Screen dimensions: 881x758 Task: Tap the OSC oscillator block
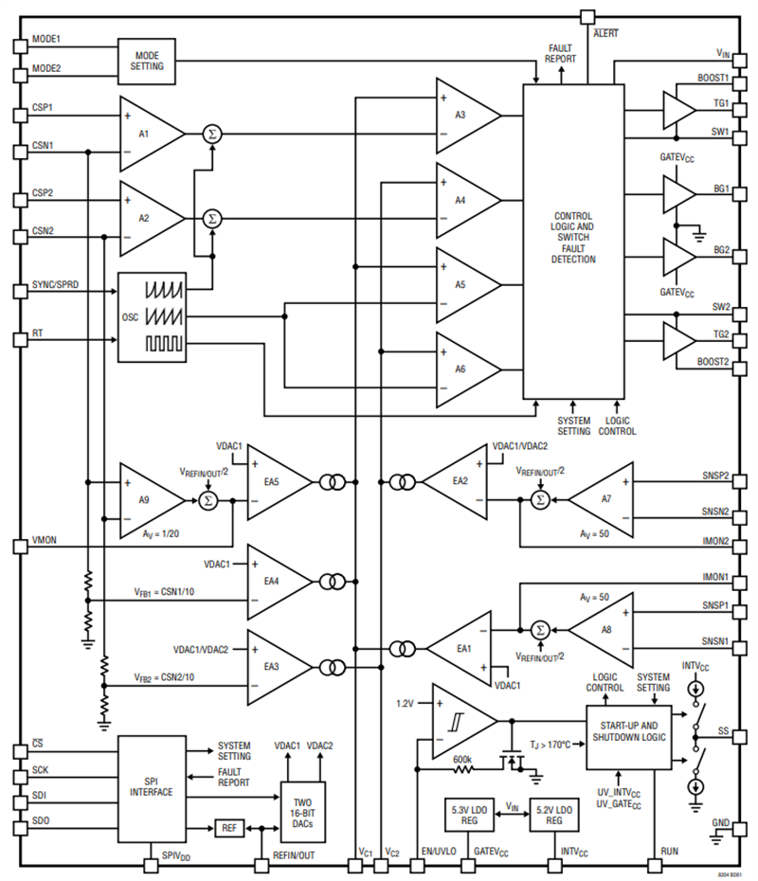tap(151, 317)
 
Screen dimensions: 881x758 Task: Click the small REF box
tap(228, 827)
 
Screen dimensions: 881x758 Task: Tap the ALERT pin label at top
tap(605, 34)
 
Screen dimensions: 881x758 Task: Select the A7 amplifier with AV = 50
tap(597, 498)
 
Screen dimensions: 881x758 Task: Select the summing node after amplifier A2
tap(210, 219)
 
